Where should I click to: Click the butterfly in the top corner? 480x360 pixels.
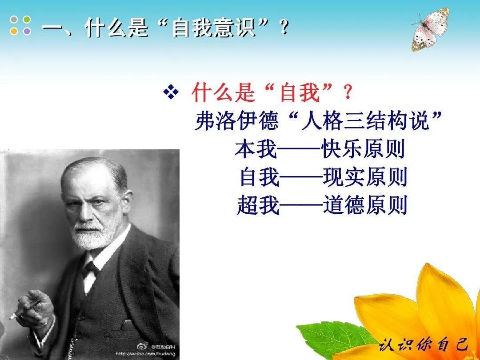pos(430,29)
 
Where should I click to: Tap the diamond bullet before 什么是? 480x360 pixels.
pos(171,92)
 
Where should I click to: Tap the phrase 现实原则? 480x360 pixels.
pos(364,178)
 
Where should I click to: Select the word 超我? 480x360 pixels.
pos(258,205)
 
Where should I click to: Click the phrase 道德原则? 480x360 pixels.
pos(364,205)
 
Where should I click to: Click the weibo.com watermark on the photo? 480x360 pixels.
pos(144,354)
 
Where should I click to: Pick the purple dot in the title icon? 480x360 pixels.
pos(27,31)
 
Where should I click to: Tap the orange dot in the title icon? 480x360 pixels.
pos(14,31)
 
